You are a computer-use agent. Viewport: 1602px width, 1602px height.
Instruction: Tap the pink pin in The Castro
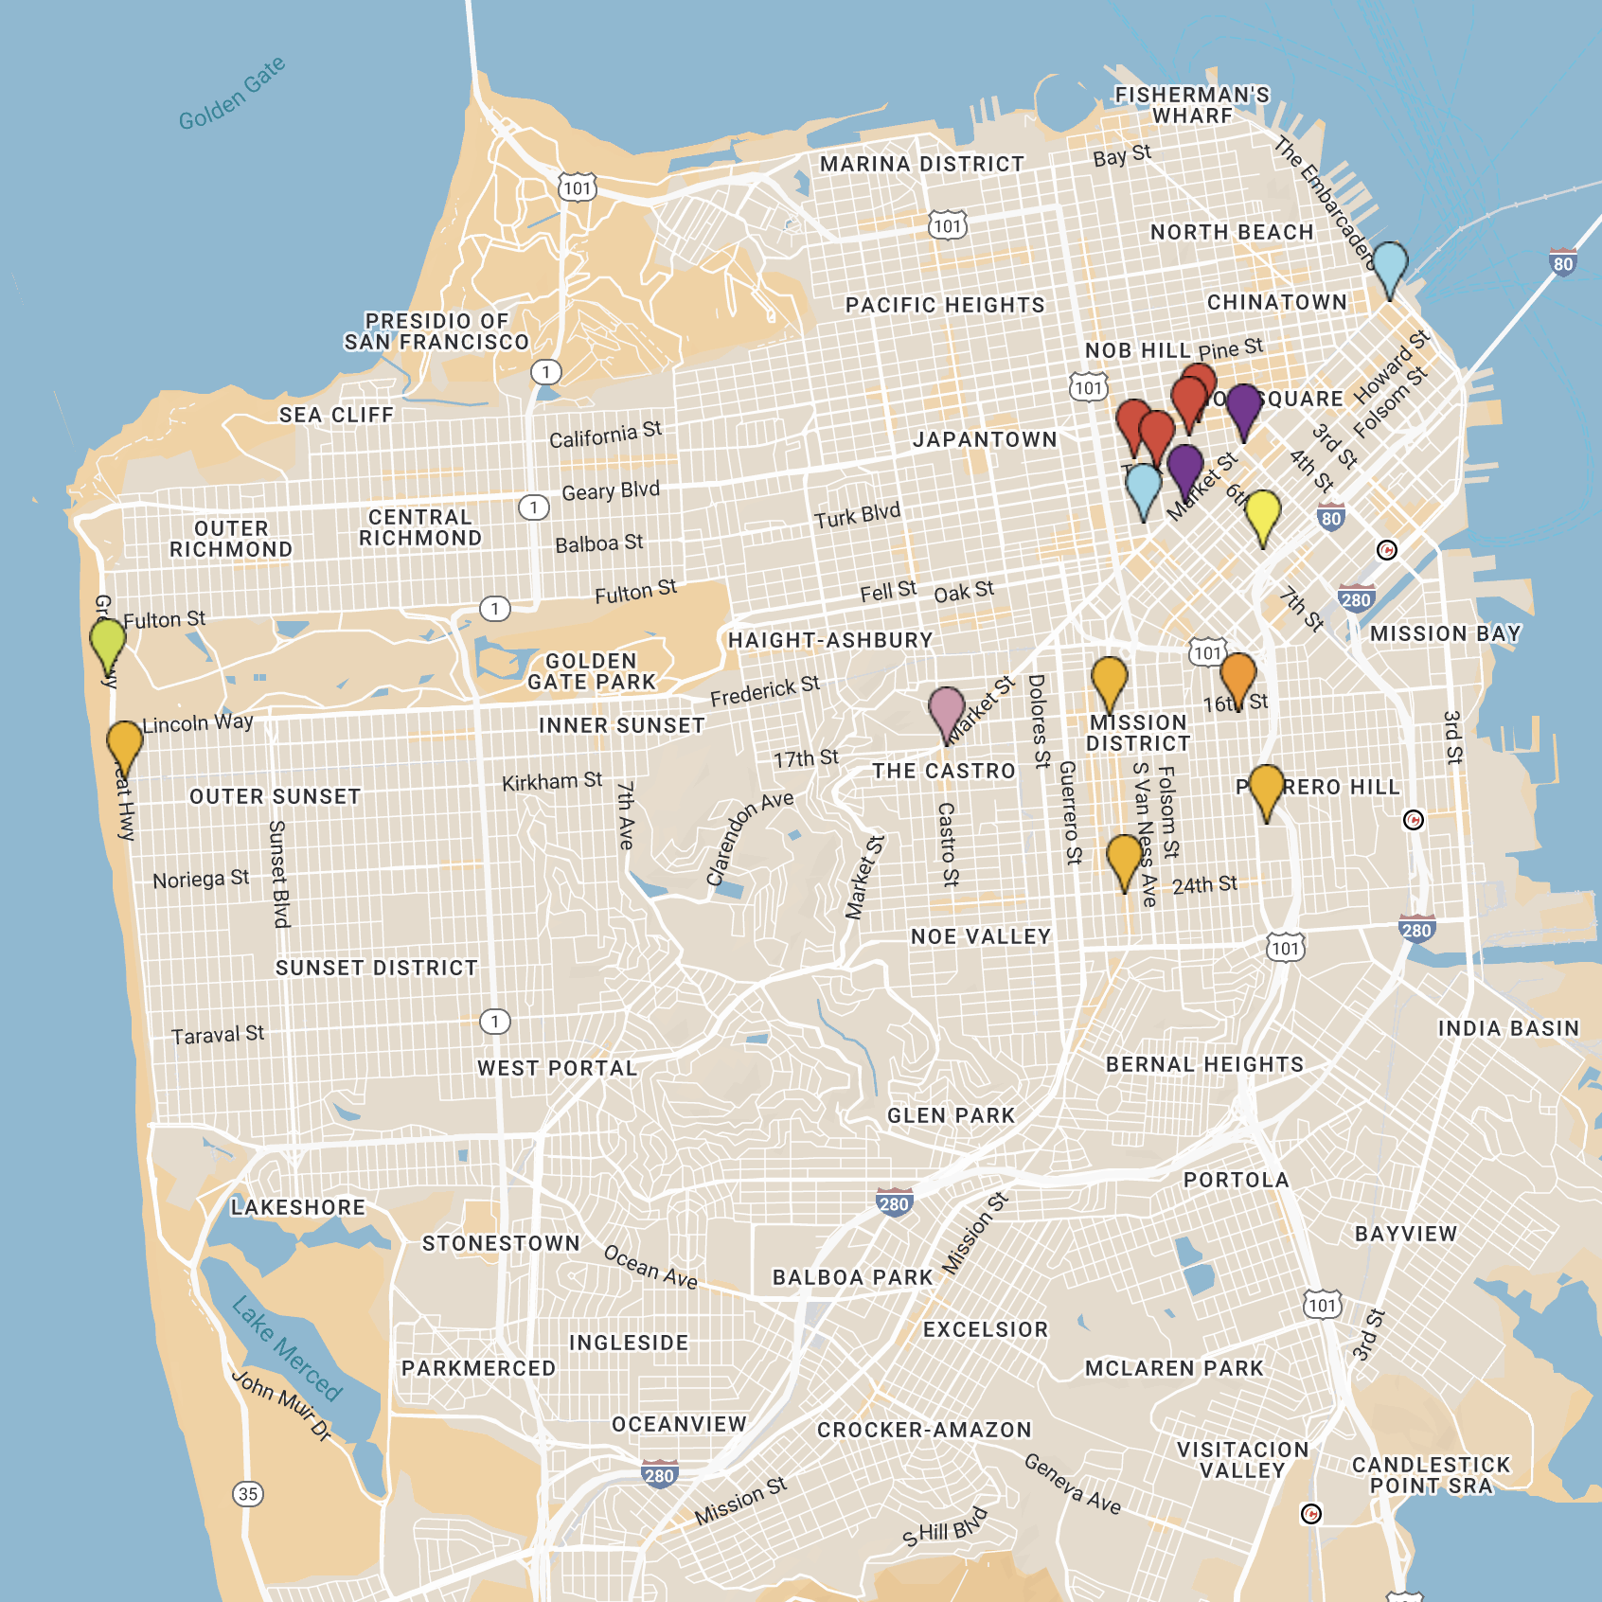click(x=946, y=711)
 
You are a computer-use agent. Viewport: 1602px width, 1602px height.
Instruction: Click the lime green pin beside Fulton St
click(x=108, y=643)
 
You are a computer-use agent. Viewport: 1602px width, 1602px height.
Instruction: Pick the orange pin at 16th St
click(x=1237, y=676)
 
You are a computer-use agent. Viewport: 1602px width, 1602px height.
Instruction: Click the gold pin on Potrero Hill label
click(x=1266, y=789)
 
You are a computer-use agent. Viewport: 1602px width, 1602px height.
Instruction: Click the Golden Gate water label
click(x=232, y=93)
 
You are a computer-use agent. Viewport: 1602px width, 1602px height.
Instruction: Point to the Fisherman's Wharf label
click(x=1192, y=105)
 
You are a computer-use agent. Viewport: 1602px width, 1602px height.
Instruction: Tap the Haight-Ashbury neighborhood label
click(x=830, y=640)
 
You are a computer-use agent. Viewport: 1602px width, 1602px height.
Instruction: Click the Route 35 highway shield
click(x=248, y=1494)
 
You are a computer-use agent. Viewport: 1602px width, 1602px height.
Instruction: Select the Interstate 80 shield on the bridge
click(x=1563, y=263)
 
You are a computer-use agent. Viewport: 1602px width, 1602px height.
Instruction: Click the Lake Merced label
click(x=287, y=1348)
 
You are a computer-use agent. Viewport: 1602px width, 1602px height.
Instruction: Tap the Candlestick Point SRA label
click(x=1431, y=1475)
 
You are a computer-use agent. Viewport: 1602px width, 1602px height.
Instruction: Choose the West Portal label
click(x=557, y=1068)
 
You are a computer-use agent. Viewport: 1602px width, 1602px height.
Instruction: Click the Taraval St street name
click(x=218, y=1035)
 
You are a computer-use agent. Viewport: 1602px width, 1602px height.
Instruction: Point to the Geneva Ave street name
click(x=1072, y=1484)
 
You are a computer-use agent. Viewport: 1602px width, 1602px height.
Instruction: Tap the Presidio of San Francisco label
click(x=436, y=331)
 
